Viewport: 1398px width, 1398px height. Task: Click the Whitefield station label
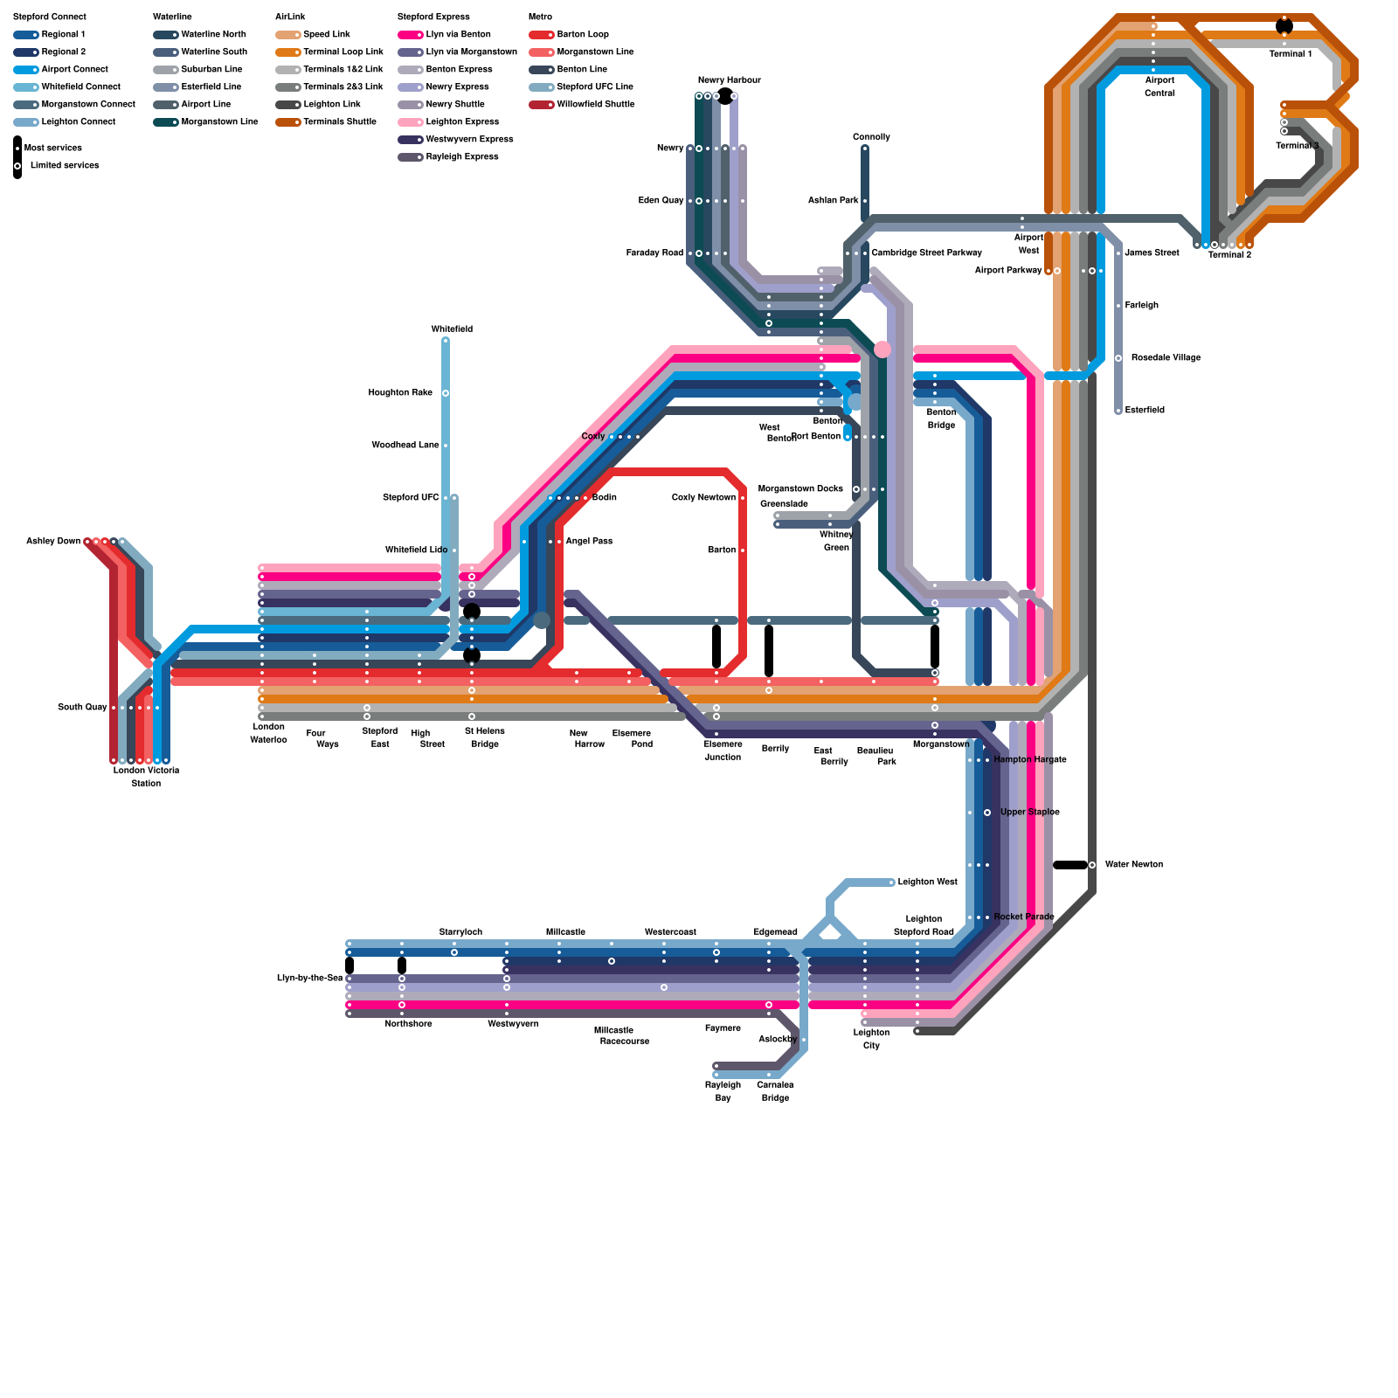coord(452,329)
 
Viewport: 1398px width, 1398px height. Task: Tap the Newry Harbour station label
coord(729,80)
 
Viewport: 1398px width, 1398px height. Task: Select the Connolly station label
coord(871,137)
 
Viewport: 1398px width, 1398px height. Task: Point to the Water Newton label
coord(1133,865)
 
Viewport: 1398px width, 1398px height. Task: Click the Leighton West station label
coord(927,882)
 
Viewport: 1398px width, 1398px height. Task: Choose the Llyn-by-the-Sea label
coord(309,979)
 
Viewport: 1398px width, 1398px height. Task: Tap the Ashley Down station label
coord(53,542)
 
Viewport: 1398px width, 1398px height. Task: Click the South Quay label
coord(82,708)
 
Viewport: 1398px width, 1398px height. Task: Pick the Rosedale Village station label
coord(1166,358)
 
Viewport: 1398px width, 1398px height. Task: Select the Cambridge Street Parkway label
coord(926,253)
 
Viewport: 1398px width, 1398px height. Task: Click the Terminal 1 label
coord(1290,54)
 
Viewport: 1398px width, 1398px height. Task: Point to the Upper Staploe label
coord(1029,813)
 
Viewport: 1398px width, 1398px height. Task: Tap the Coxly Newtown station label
coord(703,498)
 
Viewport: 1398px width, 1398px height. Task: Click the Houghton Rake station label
coord(400,393)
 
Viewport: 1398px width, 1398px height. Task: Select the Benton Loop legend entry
coord(582,35)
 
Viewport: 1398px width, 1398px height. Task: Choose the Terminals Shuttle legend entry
coord(339,122)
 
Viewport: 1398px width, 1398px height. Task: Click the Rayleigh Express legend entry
coord(461,157)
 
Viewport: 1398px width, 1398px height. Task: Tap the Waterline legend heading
coord(172,17)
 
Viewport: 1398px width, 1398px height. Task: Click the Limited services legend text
coord(64,166)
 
